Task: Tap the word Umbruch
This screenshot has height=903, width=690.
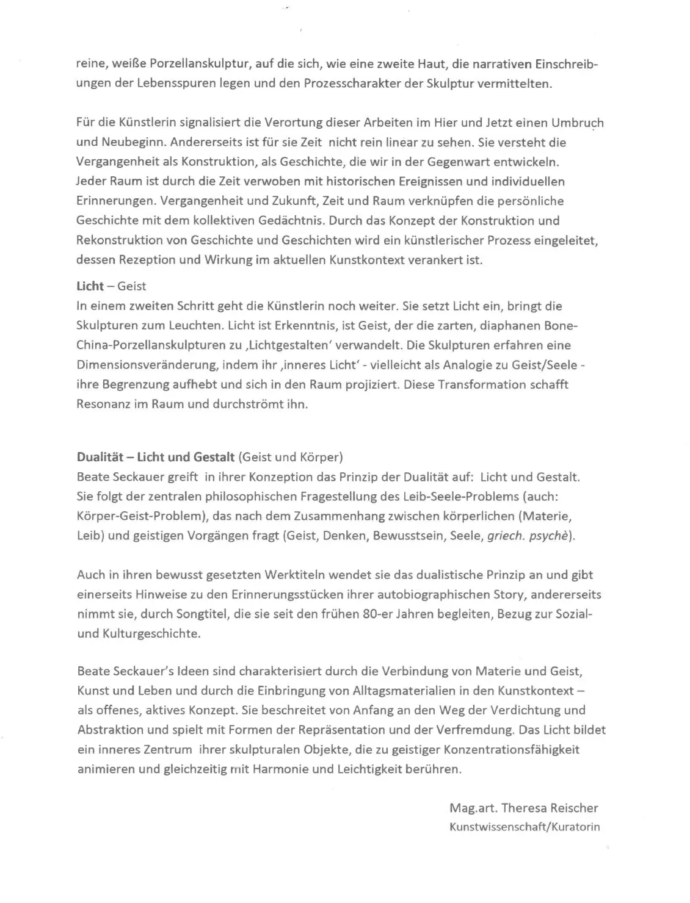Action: pyautogui.click(x=577, y=123)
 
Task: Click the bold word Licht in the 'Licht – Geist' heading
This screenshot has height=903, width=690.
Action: pyautogui.click(x=90, y=286)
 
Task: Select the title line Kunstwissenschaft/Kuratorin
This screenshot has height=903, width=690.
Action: pyautogui.click(x=525, y=827)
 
